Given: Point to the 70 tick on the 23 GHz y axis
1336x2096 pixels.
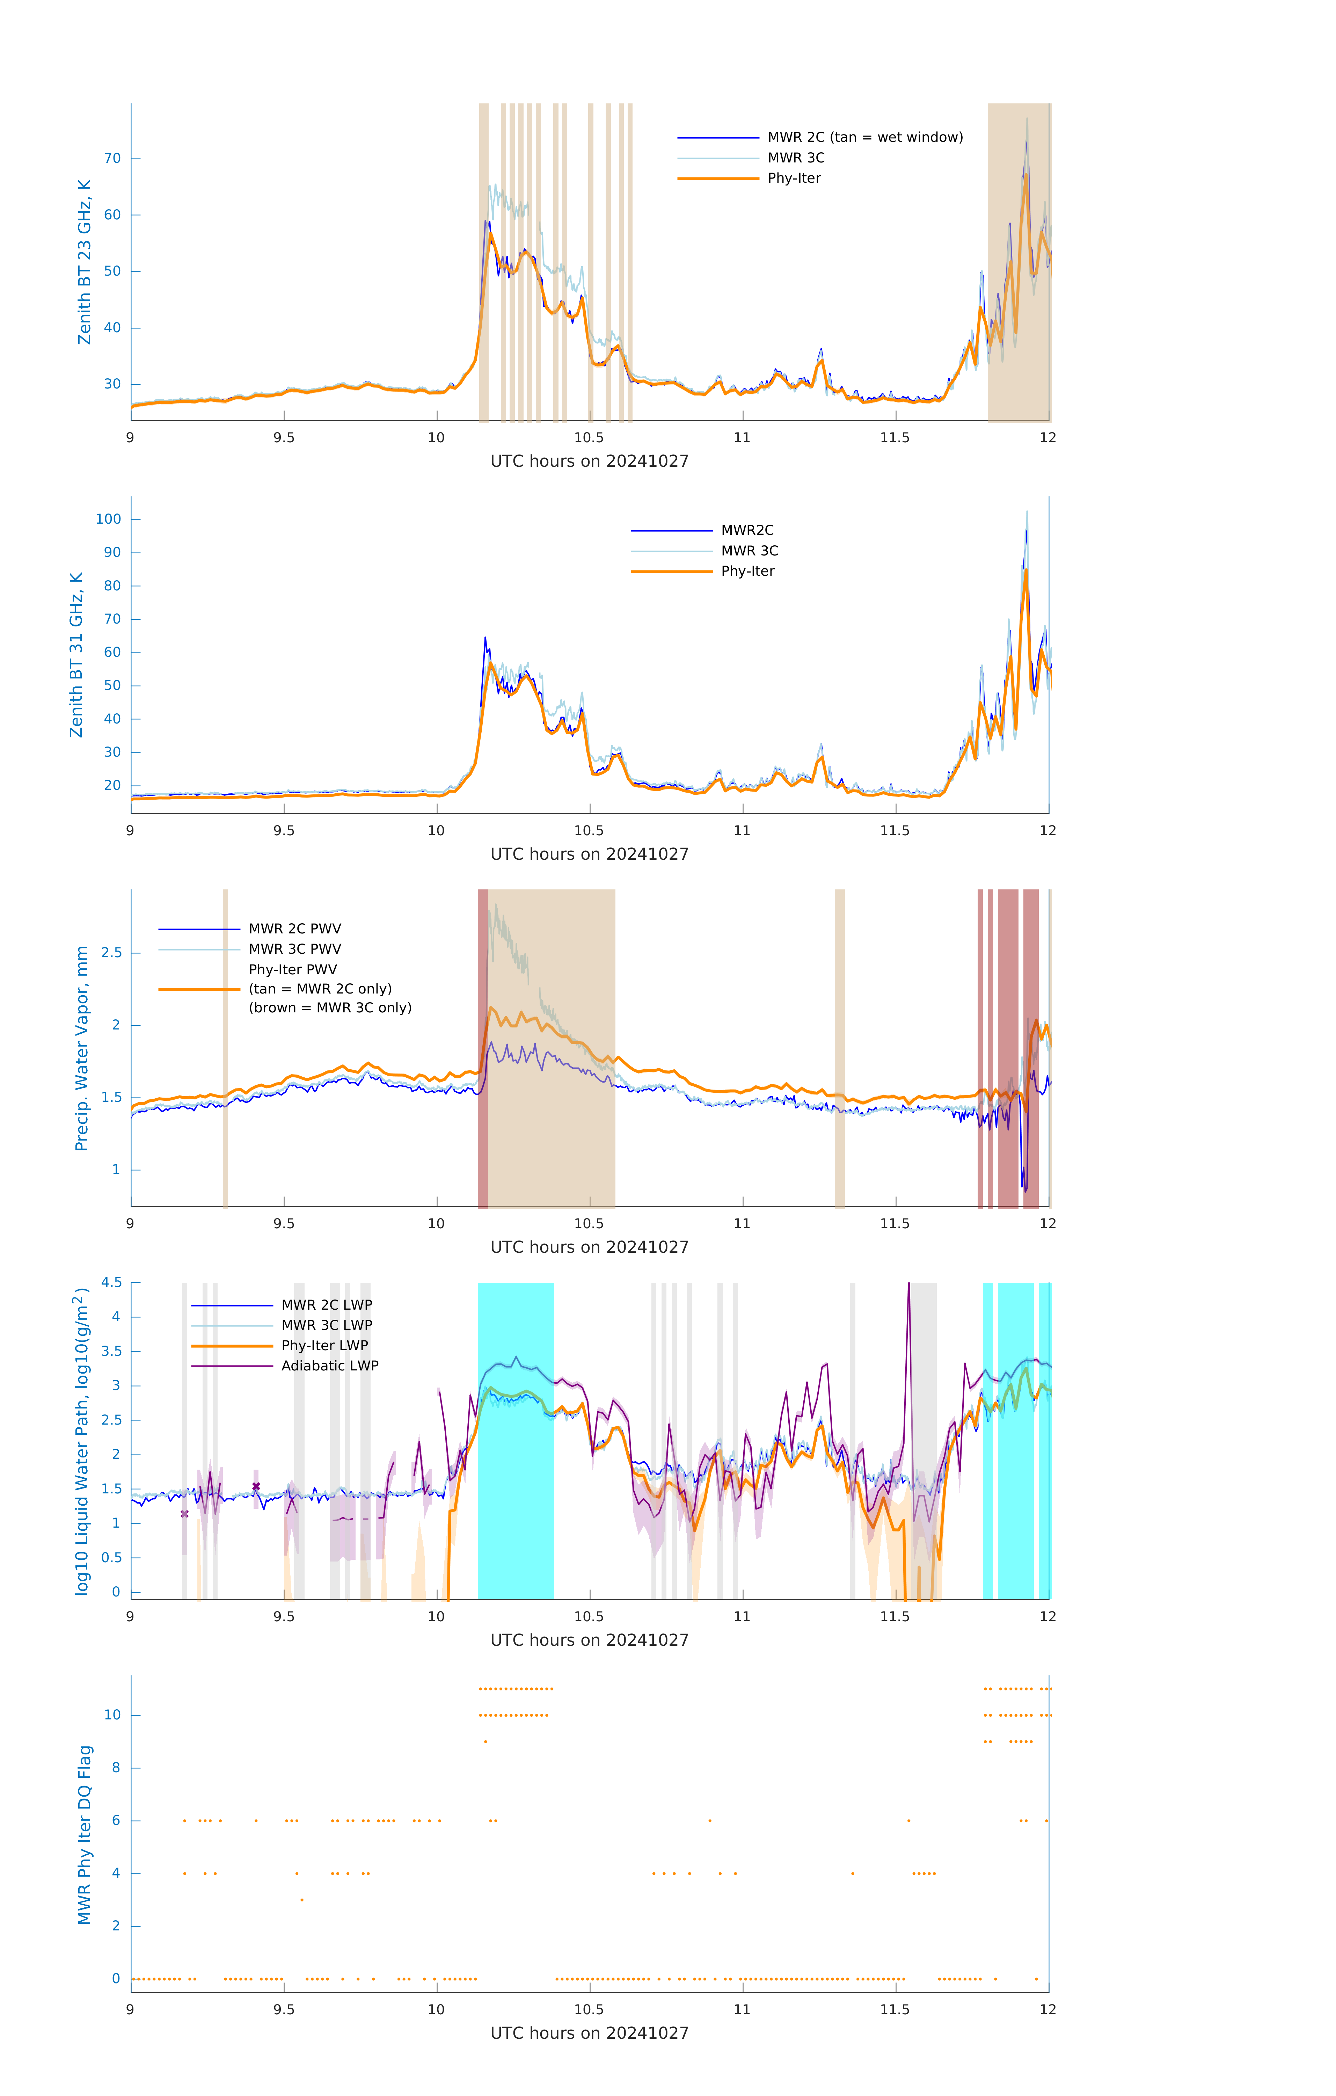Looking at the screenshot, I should (112, 158).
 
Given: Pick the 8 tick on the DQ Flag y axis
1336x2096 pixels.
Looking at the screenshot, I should (116, 1768).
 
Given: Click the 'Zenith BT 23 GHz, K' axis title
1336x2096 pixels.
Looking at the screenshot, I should (85, 262).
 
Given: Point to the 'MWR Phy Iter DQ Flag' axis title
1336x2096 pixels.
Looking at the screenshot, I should (85, 1835).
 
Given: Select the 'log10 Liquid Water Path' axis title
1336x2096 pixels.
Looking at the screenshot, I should (81, 1441).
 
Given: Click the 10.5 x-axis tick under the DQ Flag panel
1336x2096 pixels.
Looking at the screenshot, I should (589, 2010).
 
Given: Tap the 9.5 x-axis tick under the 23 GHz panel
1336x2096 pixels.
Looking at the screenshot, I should (284, 438).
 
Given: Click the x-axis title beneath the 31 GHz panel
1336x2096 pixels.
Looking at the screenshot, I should (589, 854).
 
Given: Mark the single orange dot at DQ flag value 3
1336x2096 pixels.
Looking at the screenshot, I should (302, 1900).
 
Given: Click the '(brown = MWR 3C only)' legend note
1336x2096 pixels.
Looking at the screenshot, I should (330, 1008).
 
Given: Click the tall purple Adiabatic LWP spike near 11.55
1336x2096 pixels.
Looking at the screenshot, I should (908, 1288).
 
